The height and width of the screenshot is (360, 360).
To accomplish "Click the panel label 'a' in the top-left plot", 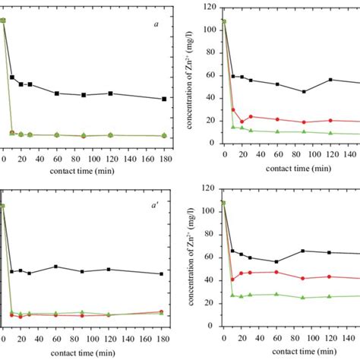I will [x=156, y=24].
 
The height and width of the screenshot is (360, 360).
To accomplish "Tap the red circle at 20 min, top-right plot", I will [x=242, y=122].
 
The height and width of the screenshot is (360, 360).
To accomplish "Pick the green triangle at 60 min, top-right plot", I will [x=277, y=131].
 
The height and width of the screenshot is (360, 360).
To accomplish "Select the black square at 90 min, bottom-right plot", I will [x=304, y=251].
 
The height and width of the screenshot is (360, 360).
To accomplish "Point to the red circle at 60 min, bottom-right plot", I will [x=277, y=272].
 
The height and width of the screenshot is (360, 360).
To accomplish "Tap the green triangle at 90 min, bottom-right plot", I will [x=304, y=298].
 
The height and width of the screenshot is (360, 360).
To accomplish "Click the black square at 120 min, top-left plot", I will [x=111, y=93].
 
